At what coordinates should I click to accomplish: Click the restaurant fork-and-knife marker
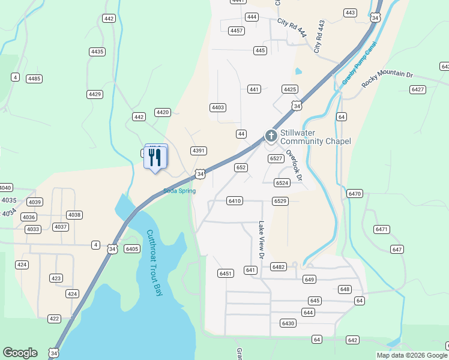pos(156,157)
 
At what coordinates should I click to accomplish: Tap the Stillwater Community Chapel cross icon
pos(271,136)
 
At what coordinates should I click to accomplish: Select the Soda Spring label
pos(179,191)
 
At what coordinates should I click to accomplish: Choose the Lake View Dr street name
pos(262,240)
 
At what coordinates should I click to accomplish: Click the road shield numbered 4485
pos(34,79)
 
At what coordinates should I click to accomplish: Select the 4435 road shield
pos(97,52)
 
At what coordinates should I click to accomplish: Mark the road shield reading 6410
pos(235,200)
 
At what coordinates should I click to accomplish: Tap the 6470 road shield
pos(355,193)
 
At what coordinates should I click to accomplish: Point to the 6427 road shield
pos(418,89)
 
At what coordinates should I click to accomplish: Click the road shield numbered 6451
pos(226,274)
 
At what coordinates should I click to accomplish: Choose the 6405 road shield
pos(132,248)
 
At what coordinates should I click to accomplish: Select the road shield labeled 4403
pos(217,107)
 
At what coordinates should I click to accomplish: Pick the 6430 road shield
pos(288,323)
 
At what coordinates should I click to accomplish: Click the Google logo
pos(20,353)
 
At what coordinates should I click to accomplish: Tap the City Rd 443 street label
pos(319,36)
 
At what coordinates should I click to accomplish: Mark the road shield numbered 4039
pos(35,202)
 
